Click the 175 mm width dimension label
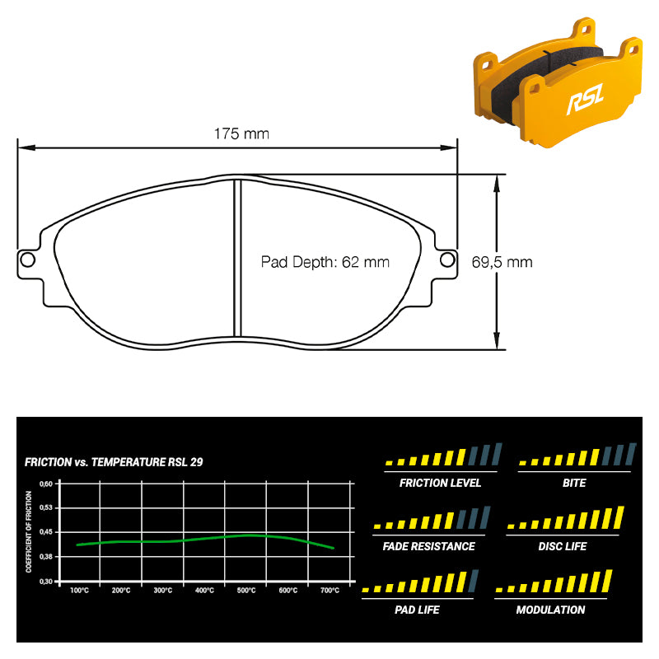click(241, 134)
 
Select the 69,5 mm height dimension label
click(502, 262)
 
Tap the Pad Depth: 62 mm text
click(325, 262)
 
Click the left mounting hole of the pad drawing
click(27, 259)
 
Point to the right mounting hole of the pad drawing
click(447, 259)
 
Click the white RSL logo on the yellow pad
click(585, 99)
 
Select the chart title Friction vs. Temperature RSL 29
click(114, 462)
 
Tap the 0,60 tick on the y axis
click(46, 484)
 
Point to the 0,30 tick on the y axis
click(46, 582)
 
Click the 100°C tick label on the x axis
click(79, 591)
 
